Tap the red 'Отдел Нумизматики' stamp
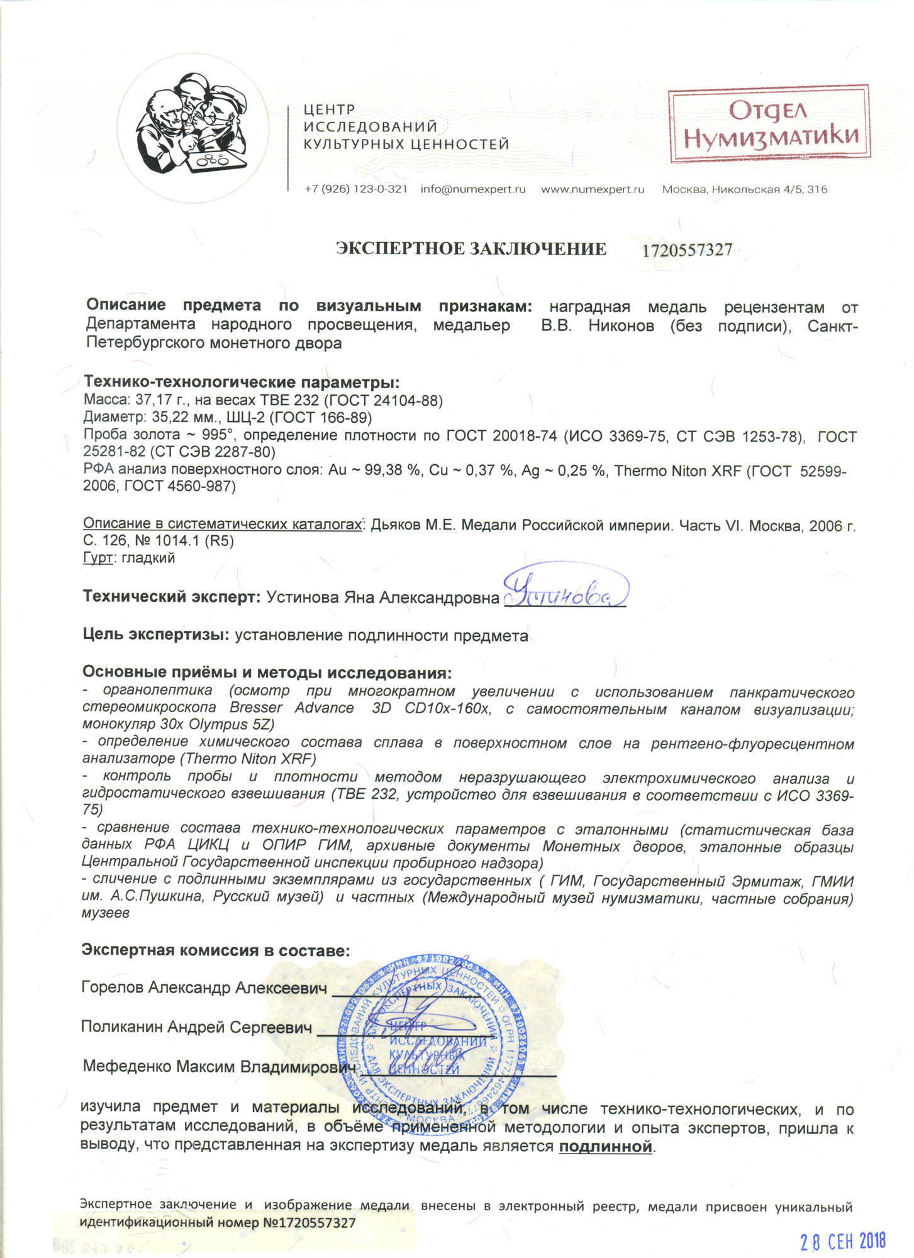click(x=769, y=125)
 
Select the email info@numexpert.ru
click(x=472, y=189)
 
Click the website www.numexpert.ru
click(x=593, y=189)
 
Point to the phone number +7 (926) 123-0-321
click(x=355, y=189)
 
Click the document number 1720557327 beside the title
click(x=687, y=250)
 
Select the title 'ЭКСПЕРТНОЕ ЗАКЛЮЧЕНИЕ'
click(x=471, y=249)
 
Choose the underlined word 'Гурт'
click(x=98, y=558)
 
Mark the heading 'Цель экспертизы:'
click(x=156, y=635)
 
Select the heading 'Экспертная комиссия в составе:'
click(x=215, y=950)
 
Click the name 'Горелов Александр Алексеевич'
click(x=204, y=988)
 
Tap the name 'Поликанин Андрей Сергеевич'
click(x=196, y=1027)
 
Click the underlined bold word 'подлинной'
click(x=605, y=1147)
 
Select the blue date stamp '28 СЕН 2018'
click(x=842, y=1241)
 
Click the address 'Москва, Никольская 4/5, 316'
click(x=744, y=189)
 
